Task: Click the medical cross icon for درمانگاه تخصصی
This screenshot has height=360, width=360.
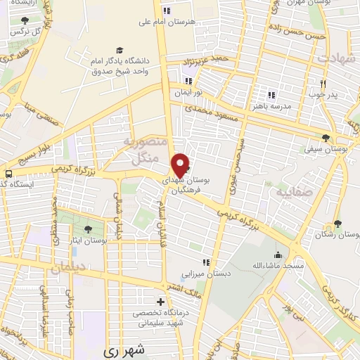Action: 160,302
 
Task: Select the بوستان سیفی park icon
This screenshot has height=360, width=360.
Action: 325,138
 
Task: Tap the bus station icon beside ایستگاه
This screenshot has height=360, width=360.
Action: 8,174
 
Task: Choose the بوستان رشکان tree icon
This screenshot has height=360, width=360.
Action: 338,224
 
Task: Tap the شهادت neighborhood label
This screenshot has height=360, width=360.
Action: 337,58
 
